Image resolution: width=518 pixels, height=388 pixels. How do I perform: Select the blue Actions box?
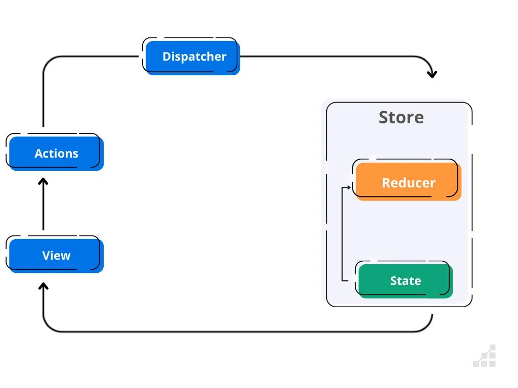[56, 154]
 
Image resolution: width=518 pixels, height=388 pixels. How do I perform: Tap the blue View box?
[56, 256]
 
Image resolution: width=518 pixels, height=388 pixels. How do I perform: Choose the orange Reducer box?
[408, 182]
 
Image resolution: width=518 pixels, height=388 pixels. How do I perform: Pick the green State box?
[405, 281]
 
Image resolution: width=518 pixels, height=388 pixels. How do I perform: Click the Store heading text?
[401, 117]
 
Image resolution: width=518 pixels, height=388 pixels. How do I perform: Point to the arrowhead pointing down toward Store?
[431, 74]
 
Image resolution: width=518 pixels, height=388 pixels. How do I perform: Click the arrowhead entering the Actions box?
[44, 181]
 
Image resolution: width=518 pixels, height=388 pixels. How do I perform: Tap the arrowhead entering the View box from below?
[44, 286]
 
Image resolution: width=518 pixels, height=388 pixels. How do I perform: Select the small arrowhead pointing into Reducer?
[349, 187]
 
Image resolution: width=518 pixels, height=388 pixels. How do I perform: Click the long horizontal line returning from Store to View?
[238, 332]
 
